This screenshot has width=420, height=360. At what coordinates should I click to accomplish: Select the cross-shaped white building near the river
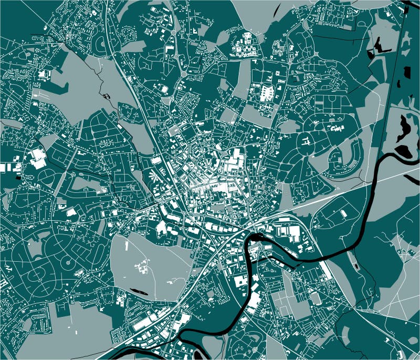[x=256, y=277]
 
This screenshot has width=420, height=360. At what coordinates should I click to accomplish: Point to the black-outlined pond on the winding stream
[x=107, y=96]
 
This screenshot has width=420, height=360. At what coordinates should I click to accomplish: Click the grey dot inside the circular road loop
[x=67, y=261]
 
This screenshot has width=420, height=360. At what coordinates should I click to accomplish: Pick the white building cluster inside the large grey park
[x=142, y=265]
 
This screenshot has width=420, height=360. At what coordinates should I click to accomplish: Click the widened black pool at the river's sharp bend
[x=256, y=238]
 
